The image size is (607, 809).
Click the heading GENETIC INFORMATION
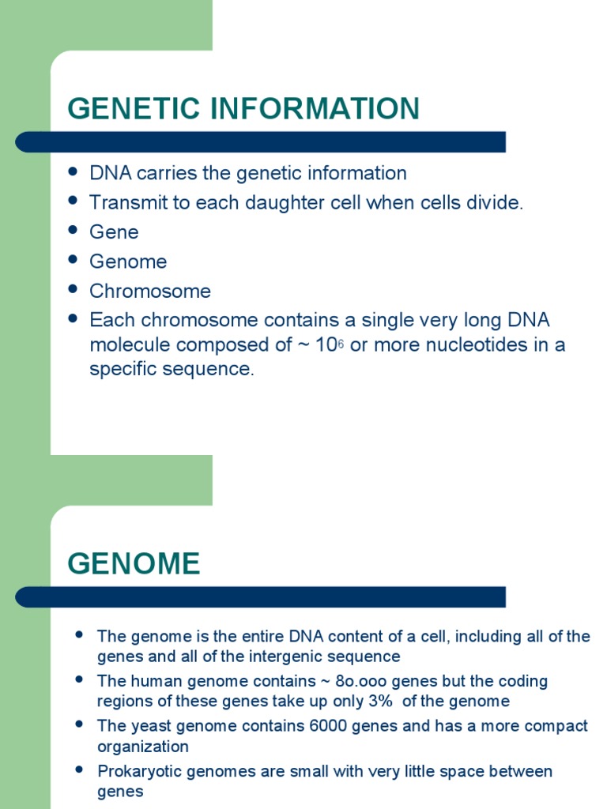click(243, 109)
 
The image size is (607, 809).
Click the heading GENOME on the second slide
click(134, 564)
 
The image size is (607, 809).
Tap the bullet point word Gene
click(114, 232)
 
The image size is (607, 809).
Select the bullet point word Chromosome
click(150, 292)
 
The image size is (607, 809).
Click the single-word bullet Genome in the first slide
click(128, 262)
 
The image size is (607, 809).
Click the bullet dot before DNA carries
click(74, 171)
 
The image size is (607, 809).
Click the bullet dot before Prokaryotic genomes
click(79, 769)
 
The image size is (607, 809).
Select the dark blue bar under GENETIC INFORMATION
click(261, 142)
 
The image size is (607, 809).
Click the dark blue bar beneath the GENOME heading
click(261, 597)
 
